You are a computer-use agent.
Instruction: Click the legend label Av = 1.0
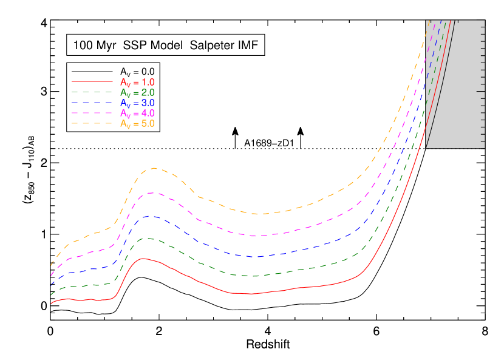tap(137, 82)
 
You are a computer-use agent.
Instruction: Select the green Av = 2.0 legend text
tap(137, 92)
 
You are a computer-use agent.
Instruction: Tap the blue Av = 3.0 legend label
tap(137, 103)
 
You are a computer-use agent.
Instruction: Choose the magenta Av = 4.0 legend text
tap(137, 113)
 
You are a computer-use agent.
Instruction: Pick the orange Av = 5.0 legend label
tap(137, 123)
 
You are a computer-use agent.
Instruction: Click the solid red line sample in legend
tap(92, 81)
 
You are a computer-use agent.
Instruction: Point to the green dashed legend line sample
tap(92, 92)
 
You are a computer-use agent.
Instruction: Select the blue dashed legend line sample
tap(92, 102)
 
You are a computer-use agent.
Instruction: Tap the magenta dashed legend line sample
tap(92, 112)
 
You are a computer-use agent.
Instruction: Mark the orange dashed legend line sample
tap(92, 123)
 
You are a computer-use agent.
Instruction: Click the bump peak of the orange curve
tap(154, 168)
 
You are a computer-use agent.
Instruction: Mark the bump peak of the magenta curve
tap(151, 193)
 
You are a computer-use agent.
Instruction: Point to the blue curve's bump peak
tap(149, 216)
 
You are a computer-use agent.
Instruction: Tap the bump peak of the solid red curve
tap(143, 259)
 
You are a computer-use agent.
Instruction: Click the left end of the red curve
tap(52, 304)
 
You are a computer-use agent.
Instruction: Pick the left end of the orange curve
tap(52, 265)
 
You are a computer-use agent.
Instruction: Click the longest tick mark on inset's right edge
tap(481, 91)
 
